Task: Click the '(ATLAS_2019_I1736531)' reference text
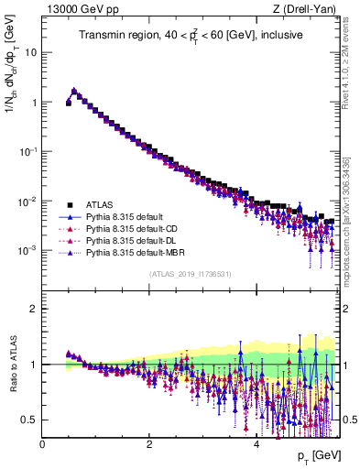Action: point(190,274)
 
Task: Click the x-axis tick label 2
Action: point(149,443)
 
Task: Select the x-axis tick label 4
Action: point(256,443)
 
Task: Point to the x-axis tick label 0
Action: point(42,443)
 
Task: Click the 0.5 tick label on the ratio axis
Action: point(30,420)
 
